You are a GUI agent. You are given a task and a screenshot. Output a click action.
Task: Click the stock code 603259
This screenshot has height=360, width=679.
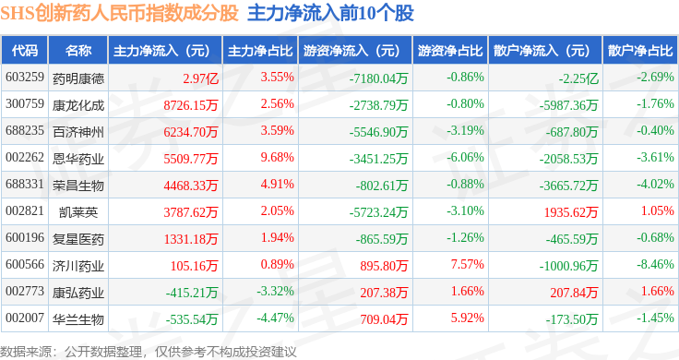pos(25,78)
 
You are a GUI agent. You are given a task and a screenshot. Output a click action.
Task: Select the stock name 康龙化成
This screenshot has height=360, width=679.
pos(78,105)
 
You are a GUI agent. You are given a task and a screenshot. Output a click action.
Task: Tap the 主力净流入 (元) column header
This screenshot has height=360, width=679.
pos(161,51)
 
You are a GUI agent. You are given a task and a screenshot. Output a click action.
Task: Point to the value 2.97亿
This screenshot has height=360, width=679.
pos(200,78)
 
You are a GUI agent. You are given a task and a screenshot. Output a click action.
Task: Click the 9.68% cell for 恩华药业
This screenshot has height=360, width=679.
pos(277,157)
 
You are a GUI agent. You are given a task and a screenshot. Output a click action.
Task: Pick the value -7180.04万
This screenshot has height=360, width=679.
pos(378,78)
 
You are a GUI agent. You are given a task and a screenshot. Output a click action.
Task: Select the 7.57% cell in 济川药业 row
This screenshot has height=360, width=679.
pos(467,264)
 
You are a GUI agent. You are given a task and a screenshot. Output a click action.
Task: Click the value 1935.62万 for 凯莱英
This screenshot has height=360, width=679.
pos(571,212)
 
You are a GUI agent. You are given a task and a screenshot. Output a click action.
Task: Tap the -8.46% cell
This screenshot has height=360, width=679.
pos(655,264)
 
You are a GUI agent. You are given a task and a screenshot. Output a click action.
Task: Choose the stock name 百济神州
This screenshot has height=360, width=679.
pos(78,132)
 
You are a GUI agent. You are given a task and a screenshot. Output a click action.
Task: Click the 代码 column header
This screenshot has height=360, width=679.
pos(25,51)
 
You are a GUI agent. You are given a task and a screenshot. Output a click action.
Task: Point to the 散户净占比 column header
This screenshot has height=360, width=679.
pos(640,51)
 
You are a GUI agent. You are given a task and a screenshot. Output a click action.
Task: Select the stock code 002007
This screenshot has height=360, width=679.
pos(25,318)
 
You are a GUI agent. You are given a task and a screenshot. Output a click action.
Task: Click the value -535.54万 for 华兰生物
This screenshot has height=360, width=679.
pos(192,319)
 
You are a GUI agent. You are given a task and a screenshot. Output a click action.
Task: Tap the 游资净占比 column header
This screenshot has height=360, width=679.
pos(450,51)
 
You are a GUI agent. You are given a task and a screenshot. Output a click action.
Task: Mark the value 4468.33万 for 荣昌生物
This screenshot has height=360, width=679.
pos(191,186)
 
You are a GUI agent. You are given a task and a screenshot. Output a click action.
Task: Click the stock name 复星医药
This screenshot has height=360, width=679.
pos(78,239)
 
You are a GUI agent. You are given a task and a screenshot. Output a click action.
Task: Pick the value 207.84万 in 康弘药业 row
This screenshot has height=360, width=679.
pos(574,293)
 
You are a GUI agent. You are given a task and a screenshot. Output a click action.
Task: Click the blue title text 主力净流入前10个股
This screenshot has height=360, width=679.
pos(330,14)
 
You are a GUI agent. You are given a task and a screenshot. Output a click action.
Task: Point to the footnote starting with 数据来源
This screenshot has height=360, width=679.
pos(149,352)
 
